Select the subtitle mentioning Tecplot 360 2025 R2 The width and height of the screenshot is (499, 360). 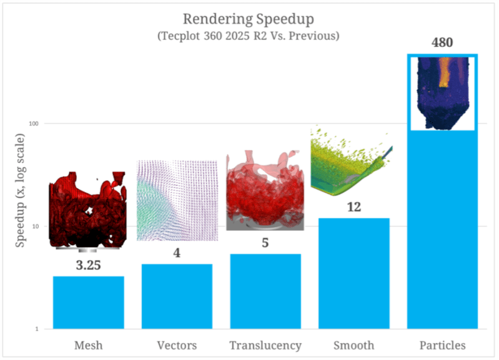[x=248, y=36]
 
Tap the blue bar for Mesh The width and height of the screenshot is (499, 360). [x=88, y=302]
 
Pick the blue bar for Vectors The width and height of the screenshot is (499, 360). [x=177, y=296]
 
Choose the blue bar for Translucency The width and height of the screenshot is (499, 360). [x=265, y=291]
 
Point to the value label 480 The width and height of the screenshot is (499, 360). [x=442, y=44]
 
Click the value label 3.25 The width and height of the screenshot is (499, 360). [x=88, y=265]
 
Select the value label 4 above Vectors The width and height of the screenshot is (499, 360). [x=177, y=253]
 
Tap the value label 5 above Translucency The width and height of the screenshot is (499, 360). [x=265, y=243]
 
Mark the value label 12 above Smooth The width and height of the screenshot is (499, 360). [x=353, y=207]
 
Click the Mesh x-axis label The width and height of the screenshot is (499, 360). [x=88, y=345]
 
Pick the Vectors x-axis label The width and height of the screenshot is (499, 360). [x=177, y=345]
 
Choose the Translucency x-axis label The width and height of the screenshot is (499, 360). [x=265, y=345]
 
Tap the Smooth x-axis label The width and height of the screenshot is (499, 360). [x=353, y=345]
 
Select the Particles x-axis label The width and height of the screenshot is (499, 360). [x=442, y=345]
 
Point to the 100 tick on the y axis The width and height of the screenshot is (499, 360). [x=34, y=124]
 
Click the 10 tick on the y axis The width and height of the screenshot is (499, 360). [x=36, y=226]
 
